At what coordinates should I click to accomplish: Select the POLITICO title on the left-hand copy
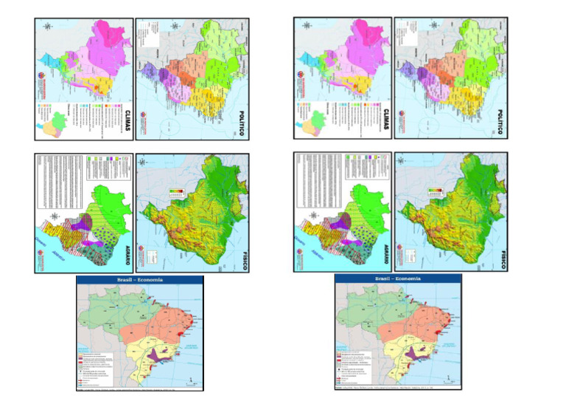click(x=241, y=123)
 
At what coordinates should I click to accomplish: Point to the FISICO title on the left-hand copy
click(x=241, y=256)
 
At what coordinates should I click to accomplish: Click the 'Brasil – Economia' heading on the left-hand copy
click(x=141, y=280)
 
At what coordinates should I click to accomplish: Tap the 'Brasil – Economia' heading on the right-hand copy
click(x=399, y=279)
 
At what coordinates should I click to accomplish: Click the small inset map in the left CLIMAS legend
click(x=52, y=122)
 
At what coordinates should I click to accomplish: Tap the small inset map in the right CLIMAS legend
click(x=310, y=122)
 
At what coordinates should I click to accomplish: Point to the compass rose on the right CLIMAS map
click(x=307, y=27)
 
